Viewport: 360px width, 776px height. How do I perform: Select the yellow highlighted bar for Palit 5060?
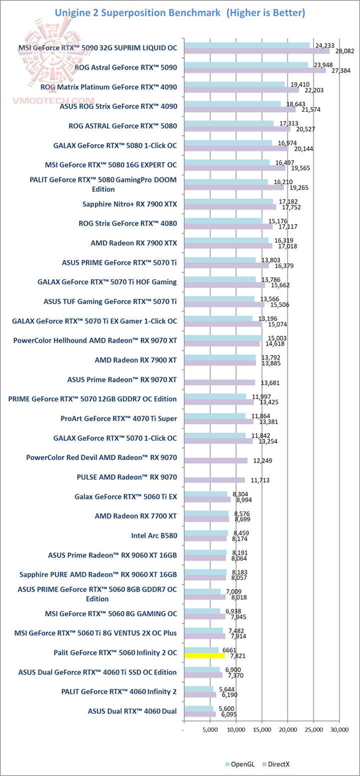click(x=204, y=655)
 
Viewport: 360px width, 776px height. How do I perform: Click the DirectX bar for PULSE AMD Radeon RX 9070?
click(x=214, y=480)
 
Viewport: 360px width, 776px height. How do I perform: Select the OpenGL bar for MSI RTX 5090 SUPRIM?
click(x=247, y=45)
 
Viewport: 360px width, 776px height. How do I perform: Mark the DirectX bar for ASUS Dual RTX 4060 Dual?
click(x=200, y=714)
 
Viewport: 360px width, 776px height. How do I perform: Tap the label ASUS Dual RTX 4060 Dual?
click(x=132, y=711)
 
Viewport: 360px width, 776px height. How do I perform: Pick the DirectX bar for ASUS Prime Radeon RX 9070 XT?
click(x=219, y=382)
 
